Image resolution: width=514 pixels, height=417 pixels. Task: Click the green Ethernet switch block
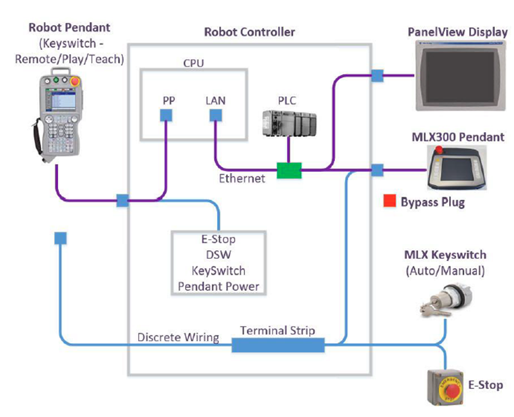point(289,170)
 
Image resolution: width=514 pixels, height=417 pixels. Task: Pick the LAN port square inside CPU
point(215,115)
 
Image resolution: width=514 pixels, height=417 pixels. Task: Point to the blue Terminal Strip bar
point(277,344)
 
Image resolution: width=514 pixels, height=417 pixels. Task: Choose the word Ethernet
point(242,178)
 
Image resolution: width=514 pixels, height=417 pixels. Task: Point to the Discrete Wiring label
point(178,337)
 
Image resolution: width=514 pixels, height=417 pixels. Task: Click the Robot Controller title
point(249,32)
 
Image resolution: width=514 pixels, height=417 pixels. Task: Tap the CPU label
point(191,61)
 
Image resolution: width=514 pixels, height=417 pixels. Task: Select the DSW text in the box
point(218,255)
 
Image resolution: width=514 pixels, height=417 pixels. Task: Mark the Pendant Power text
point(218,286)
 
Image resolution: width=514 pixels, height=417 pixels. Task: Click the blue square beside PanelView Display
point(377,76)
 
